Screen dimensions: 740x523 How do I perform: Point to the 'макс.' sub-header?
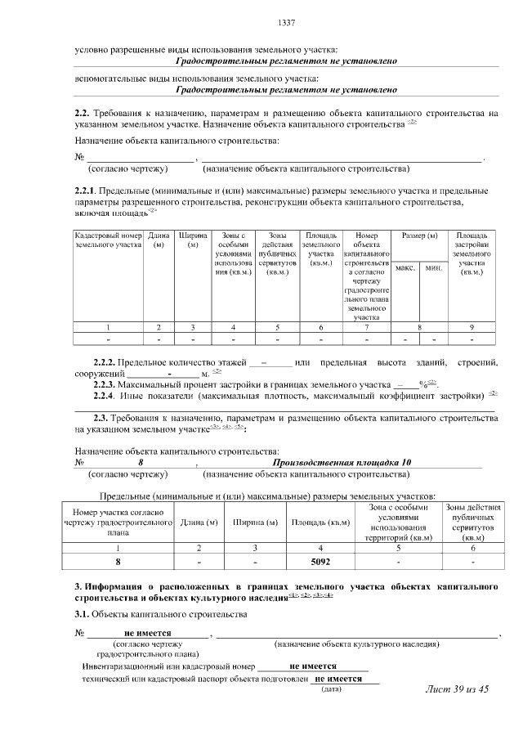click(x=405, y=267)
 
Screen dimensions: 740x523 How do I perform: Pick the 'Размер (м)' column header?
click(x=419, y=235)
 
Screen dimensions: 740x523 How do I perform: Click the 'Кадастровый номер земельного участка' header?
click(x=109, y=240)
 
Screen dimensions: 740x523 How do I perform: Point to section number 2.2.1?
click(x=87, y=190)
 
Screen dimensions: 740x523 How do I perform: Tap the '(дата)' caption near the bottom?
click(x=331, y=691)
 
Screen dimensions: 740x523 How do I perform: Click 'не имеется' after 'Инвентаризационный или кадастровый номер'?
click(x=313, y=666)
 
